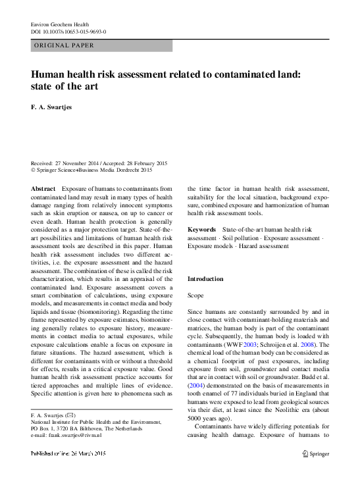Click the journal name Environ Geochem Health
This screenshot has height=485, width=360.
(61, 23)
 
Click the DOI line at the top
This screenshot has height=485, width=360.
(69, 31)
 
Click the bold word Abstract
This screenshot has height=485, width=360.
(43, 188)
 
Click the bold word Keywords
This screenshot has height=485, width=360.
(202, 230)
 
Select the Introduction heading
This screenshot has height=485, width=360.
(205, 279)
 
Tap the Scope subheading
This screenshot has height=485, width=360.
(196, 296)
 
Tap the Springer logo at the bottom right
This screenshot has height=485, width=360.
(315, 453)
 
